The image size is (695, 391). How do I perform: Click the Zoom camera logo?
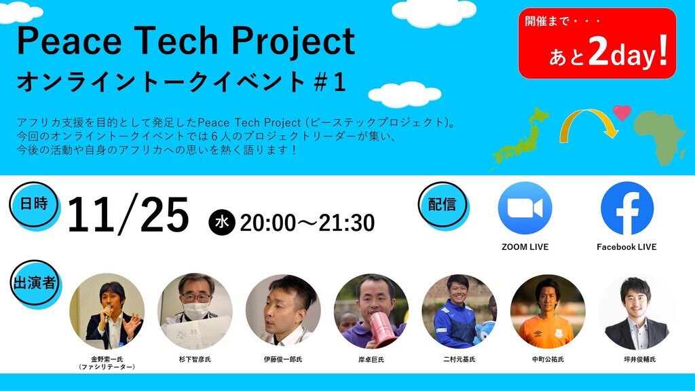525,208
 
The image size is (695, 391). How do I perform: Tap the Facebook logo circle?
627,208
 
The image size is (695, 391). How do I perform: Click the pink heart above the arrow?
622,112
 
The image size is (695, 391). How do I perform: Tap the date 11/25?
128,216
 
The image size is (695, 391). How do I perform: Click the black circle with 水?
221,222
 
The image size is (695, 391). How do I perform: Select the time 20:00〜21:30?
307,222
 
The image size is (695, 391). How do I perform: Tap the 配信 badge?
442,204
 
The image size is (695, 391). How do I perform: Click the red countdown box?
597,43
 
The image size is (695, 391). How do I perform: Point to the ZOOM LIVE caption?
525,247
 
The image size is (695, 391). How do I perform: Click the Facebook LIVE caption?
626,247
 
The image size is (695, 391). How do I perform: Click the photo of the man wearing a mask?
195,311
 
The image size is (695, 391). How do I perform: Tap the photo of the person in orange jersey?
547,311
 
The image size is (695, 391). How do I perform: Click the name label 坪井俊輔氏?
635,359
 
